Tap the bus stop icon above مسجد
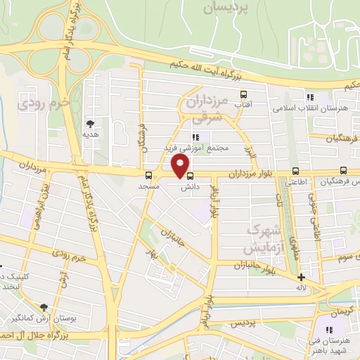pyautogui.click(x=148, y=176)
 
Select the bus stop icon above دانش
pyautogui.click(x=190, y=176)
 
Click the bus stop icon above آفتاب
pyautogui.click(x=243, y=94)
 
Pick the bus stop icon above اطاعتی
pyautogui.click(x=295, y=171)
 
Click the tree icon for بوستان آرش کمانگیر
pyautogui.click(x=44, y=307)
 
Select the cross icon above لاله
pyautogui.click(x=301, y=277)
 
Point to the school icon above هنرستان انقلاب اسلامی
pyautogui.click(x=308, y=97)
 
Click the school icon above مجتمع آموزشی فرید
pyautogui.click(x=195, y=136)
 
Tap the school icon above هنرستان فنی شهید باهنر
pyautogui.click(x=328, y=330)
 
